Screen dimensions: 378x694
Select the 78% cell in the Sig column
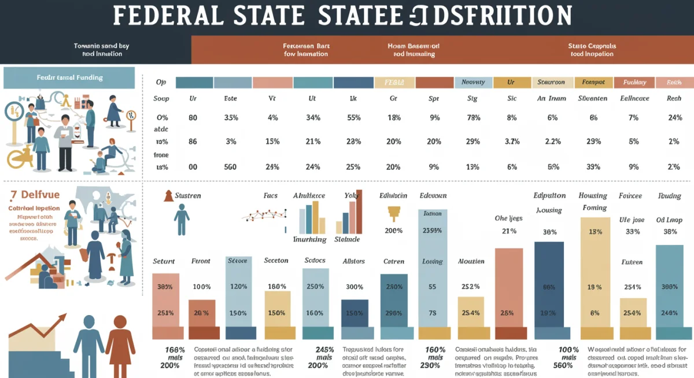tap(473, 118)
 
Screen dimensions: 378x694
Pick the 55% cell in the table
tap(353, 118)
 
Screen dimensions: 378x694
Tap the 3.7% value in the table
tap(511, 142)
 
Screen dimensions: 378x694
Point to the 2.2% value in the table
tap(552, 142)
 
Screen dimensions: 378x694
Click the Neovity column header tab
tap(473, 83)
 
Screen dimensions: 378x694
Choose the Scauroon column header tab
tap(551, 83)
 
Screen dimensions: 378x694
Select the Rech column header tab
tap(674, 83)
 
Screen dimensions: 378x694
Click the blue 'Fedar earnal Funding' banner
tap(69, 77)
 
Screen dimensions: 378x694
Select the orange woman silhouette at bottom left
tap(120, 341)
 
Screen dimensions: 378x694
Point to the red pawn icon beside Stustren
tap(168, 195)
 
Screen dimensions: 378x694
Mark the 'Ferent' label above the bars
tap(201, 261)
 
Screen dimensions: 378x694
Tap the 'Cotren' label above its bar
tap(393, 261)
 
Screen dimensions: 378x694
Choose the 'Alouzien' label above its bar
tap(471, 261)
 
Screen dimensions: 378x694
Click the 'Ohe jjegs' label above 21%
tap(508, 218)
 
